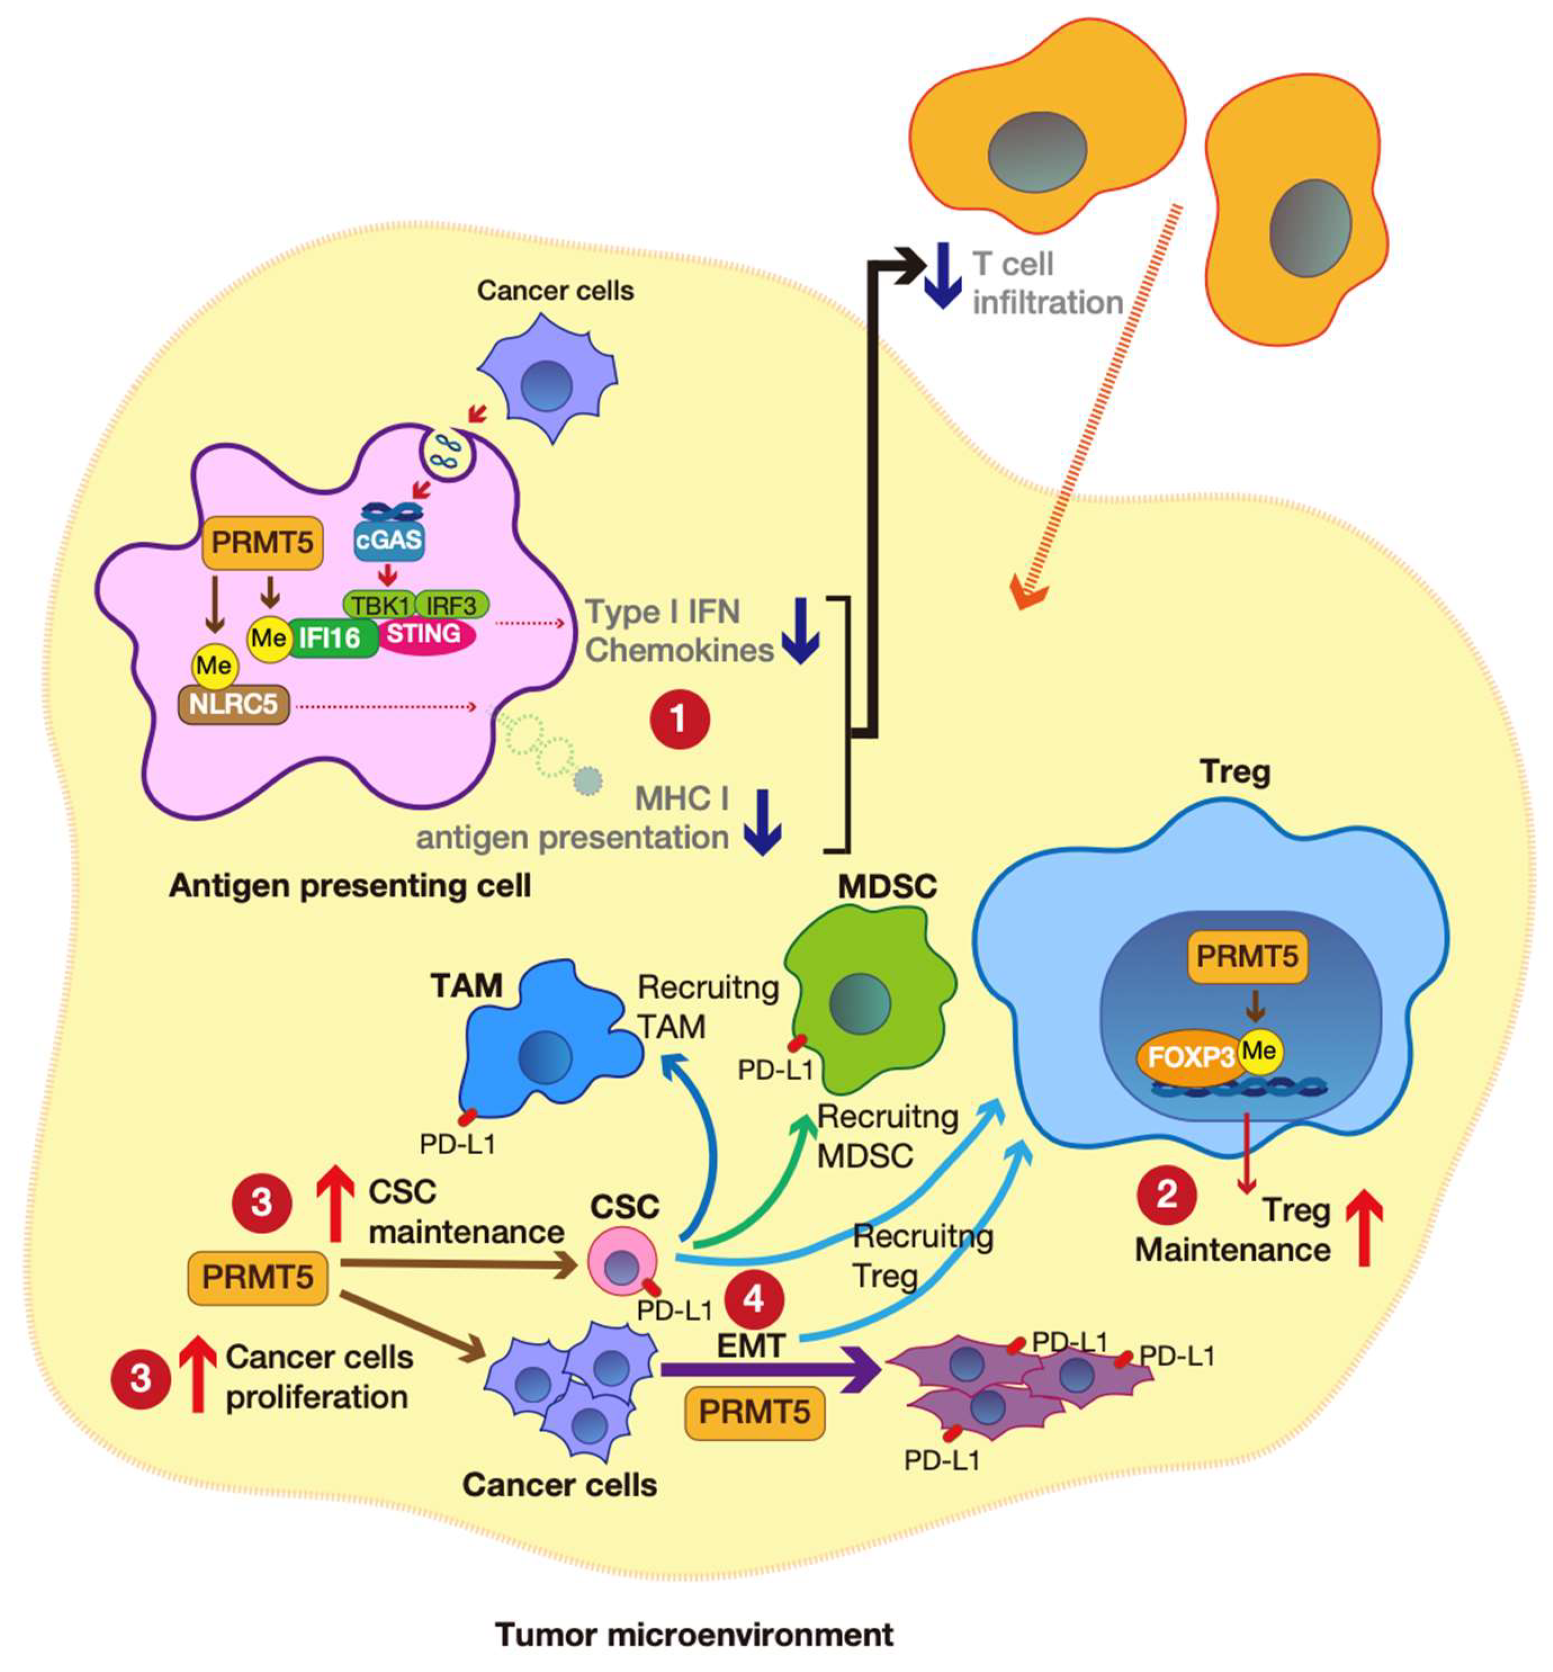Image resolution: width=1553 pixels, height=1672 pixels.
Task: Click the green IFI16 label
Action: tap(330, 638)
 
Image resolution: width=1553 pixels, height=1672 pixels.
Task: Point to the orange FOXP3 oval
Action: tap(1187, 1056)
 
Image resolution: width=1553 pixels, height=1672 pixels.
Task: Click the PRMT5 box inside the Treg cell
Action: tap(1246, 957)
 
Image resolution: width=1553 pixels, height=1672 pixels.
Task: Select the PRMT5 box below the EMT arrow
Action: tap(754, 1412)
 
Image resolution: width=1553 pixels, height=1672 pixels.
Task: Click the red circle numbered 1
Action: tap(679, 720)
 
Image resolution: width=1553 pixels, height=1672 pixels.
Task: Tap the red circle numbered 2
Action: tap(1166, 1194)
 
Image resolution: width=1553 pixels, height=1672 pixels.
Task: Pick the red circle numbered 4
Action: tap(754, 1299)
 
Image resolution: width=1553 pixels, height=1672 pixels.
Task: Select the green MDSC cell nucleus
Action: tap(859, 1002)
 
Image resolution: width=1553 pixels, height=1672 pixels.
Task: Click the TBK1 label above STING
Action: tap(380, 605)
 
